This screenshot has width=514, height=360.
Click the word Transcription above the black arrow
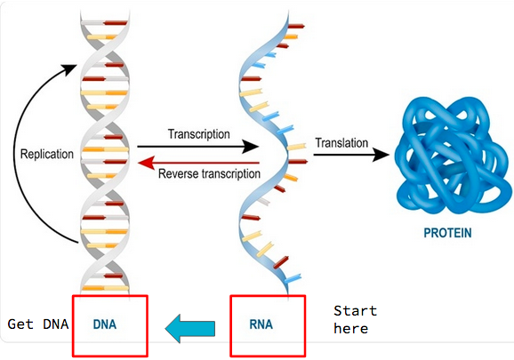[x=198, y=134]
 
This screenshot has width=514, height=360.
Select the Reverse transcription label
[x=209, y=173]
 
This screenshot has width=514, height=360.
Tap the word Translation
[x=341, y=143]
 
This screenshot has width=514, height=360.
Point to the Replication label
[x=47, y=155]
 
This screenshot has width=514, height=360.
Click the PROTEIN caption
[x=447, y=233]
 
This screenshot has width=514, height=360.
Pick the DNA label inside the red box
[x=105, y=324]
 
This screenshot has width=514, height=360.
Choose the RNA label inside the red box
[x=261, y=324]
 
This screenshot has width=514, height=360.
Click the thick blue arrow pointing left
[x=190, y=329]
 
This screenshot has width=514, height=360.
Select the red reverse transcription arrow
[x=198, y=163]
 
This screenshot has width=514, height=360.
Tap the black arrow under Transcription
[x=198, y=147]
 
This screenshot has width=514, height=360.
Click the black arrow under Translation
[x=351, y=155]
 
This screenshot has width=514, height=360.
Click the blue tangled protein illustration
[x=453, y=156]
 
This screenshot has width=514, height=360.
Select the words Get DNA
[x=38, y=324]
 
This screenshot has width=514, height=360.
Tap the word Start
[x=356, y=310]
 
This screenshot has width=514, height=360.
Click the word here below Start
[x=350, y=328]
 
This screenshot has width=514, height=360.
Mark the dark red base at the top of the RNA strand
[x=296, y=26]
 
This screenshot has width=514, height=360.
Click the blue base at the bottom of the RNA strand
[x=293, y=279]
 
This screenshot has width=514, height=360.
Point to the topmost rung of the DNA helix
[x=104, y=23]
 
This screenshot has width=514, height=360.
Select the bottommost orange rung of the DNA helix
[x=105, y=288]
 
